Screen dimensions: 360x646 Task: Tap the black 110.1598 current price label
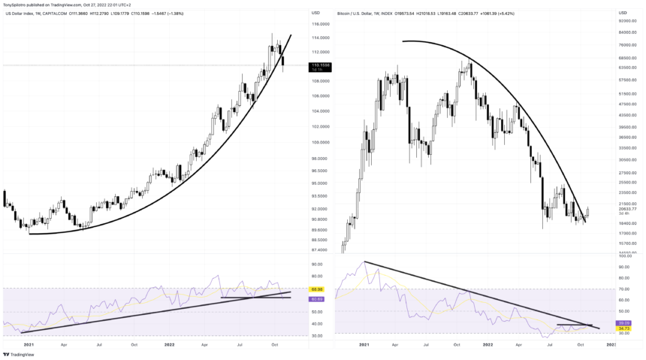[321, 66]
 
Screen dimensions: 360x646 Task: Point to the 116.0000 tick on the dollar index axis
[321, 24]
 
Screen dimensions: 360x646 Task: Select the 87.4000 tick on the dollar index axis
[321, 250]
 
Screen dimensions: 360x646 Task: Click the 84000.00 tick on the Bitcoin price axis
[628, 32]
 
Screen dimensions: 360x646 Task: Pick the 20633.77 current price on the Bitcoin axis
[628, 209]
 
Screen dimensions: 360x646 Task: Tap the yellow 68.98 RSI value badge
[316, 289]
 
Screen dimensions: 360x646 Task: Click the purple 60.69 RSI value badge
[316, 299]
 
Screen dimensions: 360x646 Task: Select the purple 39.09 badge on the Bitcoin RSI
[624, 323]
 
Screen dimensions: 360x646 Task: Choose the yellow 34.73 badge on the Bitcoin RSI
[624, 328]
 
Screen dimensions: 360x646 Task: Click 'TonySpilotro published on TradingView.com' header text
[48, 4]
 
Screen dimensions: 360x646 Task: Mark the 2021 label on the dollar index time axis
[29, 344]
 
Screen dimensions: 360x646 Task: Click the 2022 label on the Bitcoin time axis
[488, 344]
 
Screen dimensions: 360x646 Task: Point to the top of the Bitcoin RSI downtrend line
[365, 262]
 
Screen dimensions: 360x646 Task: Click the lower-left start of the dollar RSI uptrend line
[22, 332]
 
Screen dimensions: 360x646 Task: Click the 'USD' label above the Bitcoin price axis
[623, 13]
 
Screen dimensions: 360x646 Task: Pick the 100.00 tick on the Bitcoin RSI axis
[624, 267]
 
